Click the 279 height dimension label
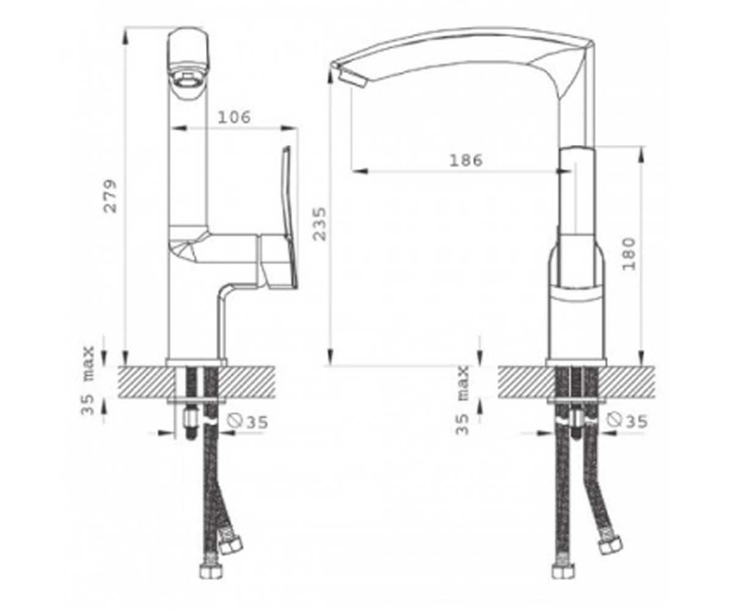coord(110,196)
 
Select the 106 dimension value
coord(234,117)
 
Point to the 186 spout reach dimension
coord(466,161)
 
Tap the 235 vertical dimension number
coord(319,224)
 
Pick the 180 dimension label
coord(629,254)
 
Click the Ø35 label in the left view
coord(247,422)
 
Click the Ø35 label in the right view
coord(627,421)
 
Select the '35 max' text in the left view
coord(88,381)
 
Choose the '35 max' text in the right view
coord(462,400)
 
